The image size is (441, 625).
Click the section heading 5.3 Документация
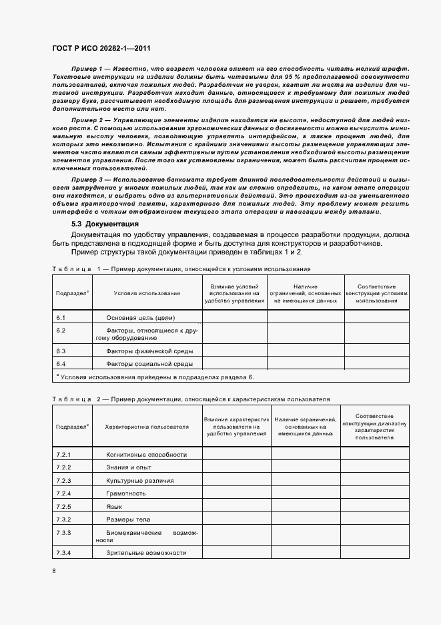[x=105, y=224]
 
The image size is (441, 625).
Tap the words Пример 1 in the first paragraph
[x=85, y=69]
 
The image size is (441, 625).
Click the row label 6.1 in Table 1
[x=61, y=317]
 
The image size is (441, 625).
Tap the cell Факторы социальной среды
[x=149, y=364]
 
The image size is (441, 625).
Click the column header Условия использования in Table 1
[x=147, y=292]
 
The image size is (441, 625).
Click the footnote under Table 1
[x=155, y=378]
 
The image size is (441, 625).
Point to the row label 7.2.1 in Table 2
[x=64, y=454]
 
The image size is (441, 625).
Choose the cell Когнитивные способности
[x=146, y=454]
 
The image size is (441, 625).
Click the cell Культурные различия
[x=140, y=480]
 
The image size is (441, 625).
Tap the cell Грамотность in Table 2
[x=126, y=493]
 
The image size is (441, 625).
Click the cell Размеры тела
[x=128, y=519]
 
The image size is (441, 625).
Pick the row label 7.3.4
[x=64, y=552]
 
